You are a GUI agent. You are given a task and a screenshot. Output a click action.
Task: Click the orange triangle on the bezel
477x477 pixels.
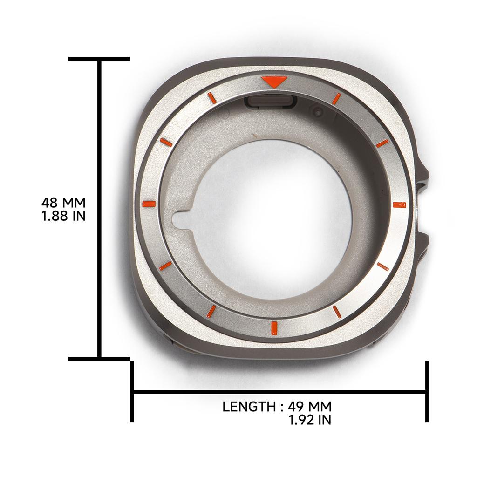[273, 82]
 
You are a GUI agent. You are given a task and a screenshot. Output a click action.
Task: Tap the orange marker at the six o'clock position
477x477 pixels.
[274, 328]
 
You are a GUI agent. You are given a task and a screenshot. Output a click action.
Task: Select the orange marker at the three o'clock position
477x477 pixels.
[399, 204]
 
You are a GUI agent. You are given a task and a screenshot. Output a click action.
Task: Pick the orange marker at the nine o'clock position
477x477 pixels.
[148, 204]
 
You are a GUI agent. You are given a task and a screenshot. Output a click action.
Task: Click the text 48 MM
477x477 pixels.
[63, 203]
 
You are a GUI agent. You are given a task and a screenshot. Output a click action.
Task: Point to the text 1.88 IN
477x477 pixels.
[63, 216]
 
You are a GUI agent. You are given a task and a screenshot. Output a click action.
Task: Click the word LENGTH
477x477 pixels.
[249, 407]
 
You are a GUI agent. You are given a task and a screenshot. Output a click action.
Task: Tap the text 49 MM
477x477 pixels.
[310, 407]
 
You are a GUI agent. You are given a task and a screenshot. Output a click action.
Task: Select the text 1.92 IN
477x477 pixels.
[310, 420]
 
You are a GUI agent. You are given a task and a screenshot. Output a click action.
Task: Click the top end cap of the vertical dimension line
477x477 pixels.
[99, 59]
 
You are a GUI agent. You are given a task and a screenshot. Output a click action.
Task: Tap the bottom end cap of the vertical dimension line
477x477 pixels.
[99, 359]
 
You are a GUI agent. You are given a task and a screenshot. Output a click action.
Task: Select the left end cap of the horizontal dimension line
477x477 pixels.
[132, 392]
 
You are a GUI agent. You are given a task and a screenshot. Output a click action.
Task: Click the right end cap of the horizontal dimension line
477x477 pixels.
[427, 392]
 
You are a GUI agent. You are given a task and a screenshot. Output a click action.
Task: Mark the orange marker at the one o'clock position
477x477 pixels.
[336, 98]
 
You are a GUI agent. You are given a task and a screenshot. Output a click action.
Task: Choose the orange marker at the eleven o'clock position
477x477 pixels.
[211, 97]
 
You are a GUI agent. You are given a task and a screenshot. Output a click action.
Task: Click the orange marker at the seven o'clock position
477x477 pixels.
[211, 311]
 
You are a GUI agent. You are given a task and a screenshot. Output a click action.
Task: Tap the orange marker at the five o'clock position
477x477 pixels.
[337, 312]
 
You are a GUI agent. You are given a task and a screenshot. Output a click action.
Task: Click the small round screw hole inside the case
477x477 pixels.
[318, 112]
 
